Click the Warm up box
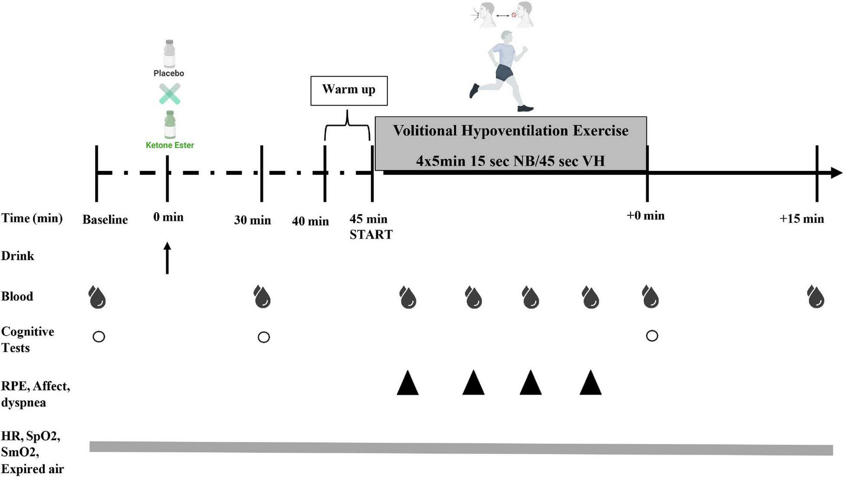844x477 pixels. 349,90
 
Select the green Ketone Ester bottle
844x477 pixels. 170,124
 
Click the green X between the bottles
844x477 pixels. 170,94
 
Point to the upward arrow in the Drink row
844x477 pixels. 167,258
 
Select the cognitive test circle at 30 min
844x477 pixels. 263,338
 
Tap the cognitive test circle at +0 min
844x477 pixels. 652,336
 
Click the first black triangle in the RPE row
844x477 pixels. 408,384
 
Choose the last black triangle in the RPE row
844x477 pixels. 591,384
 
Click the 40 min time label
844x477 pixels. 310,221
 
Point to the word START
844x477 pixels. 371,235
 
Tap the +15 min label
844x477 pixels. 802,219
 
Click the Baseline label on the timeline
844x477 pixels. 105,220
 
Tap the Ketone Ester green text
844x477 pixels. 170,145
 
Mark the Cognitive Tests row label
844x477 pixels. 28,339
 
